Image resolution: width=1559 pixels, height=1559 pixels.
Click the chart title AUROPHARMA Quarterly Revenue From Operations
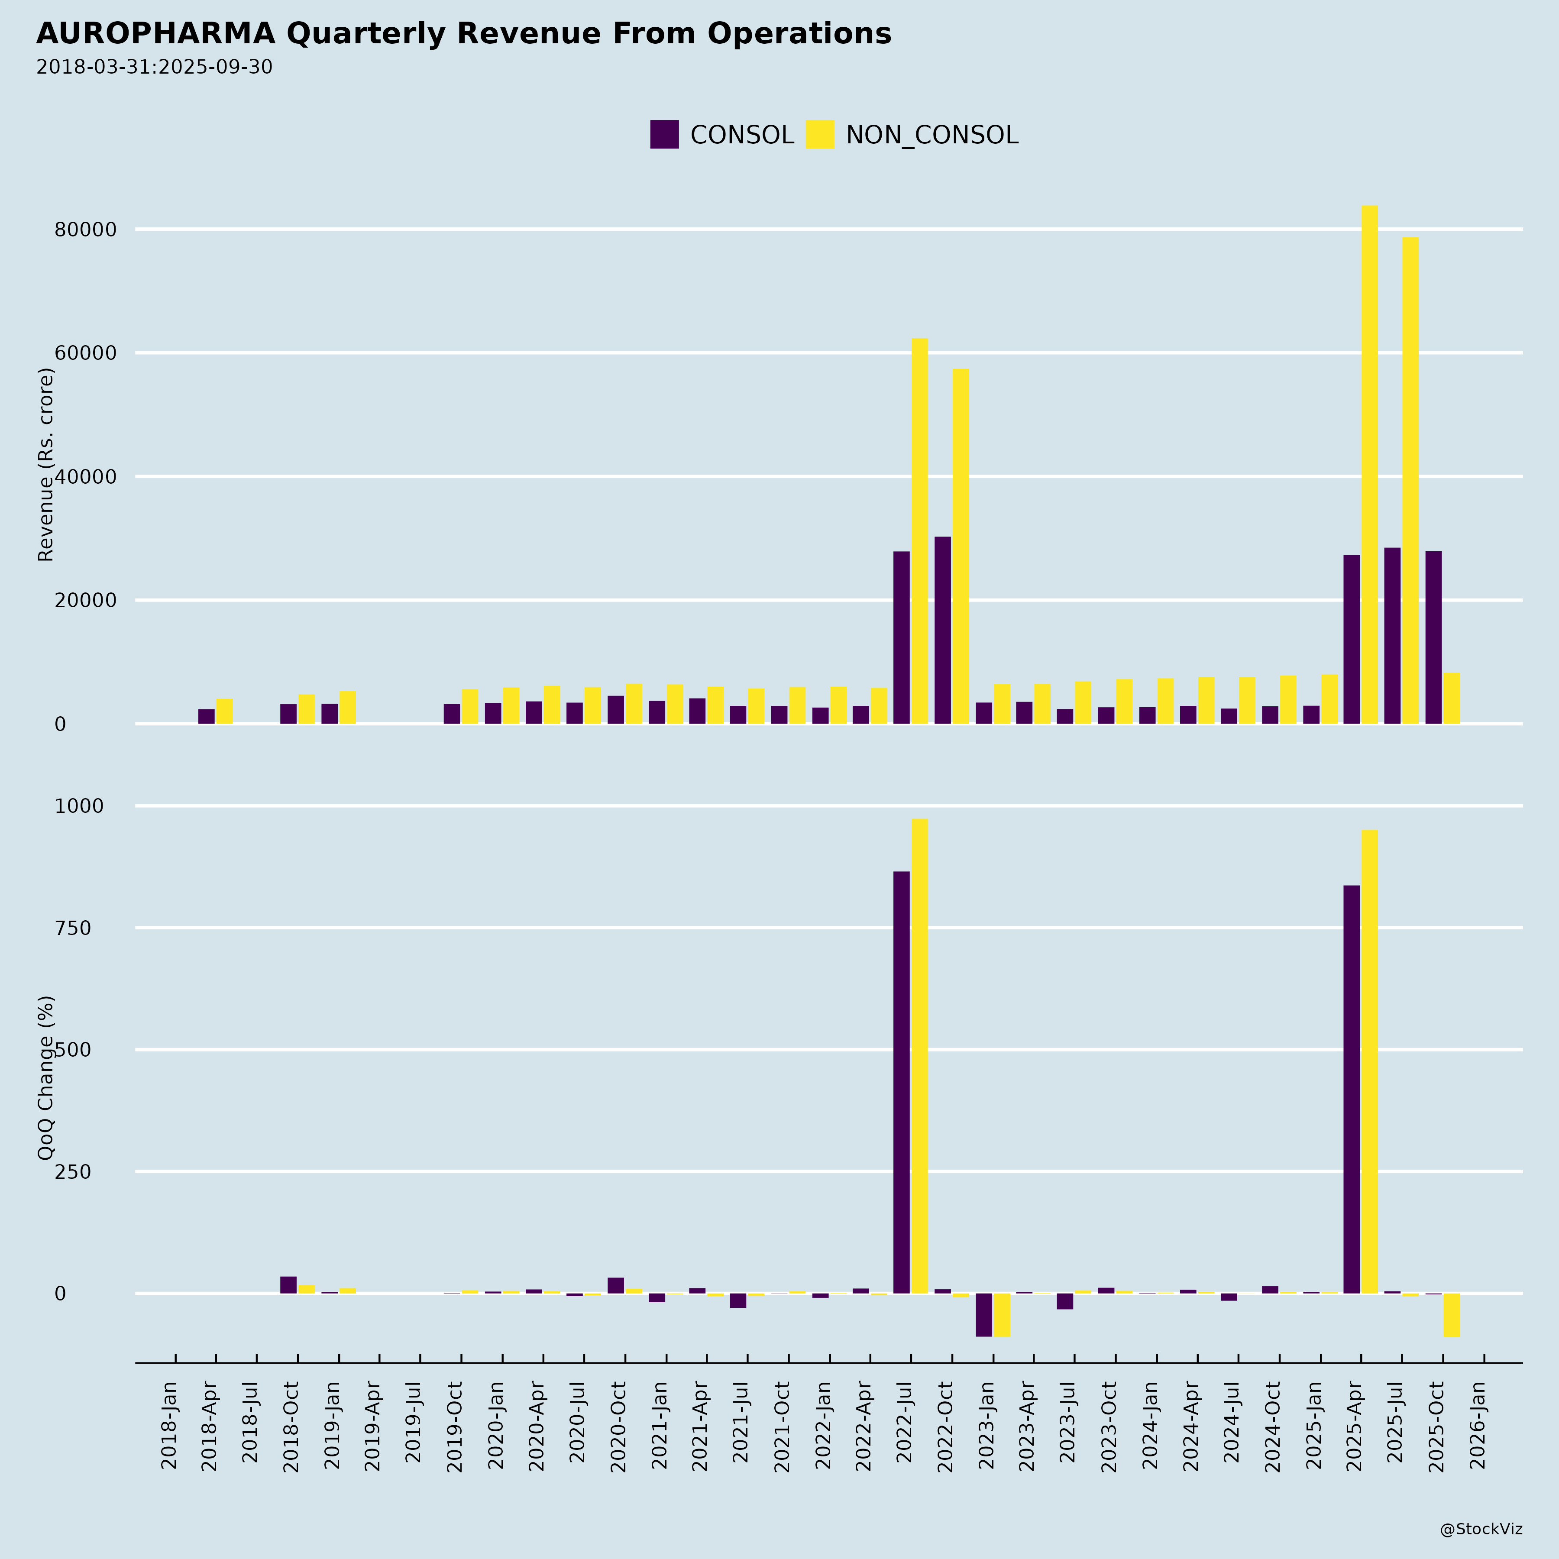463,34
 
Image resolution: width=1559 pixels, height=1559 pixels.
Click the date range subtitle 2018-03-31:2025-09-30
154,67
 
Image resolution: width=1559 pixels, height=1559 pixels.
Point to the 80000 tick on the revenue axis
86,230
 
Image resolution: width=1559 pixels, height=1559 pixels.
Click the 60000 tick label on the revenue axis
86,353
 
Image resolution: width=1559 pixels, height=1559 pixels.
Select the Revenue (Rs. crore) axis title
46,465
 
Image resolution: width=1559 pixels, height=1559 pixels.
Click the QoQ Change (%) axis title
46,1077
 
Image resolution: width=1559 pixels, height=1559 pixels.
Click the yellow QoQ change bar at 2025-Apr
1369,1061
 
